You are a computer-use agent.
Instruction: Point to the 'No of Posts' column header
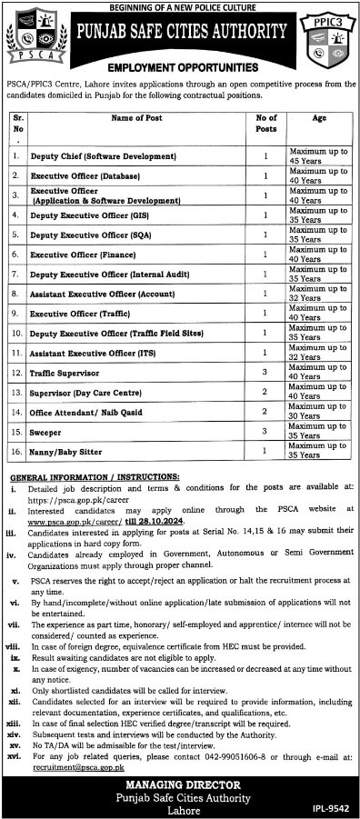(x=265, y=123)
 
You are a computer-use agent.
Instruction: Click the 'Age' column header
(x=317, y=118)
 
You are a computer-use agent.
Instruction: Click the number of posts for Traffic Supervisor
(x=265, y=373)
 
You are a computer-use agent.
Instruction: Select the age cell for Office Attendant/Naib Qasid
(x=317, y=412)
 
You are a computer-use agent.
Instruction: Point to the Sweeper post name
(x=46, y=432)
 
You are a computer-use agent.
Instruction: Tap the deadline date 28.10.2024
(x=161, y=523)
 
